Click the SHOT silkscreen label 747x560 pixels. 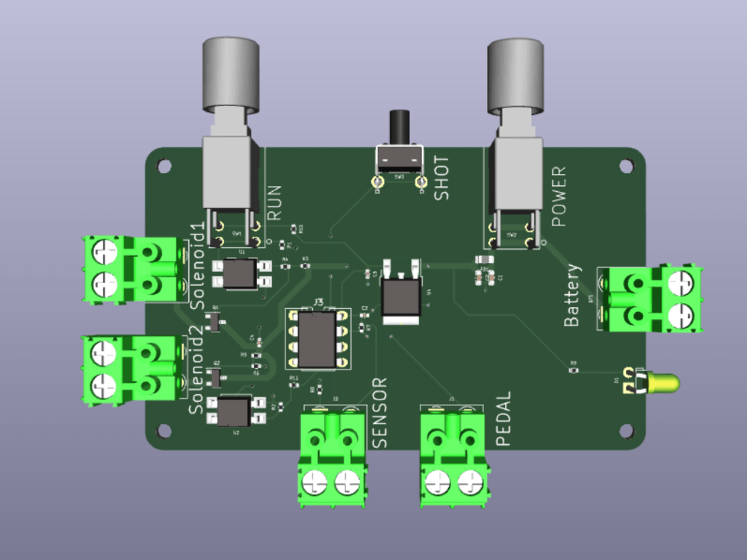(x=441, y=178)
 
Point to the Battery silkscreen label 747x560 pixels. (x=572, y=296)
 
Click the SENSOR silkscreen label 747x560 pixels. (x=380, y=413)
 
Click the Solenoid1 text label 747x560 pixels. (x=198, y=265)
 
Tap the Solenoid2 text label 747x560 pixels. (x=196, y=376)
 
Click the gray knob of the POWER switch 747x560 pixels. (x=515, y=75)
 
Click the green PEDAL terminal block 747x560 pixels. (x=453, y=460)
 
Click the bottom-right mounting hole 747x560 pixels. (x=626, y=431)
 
